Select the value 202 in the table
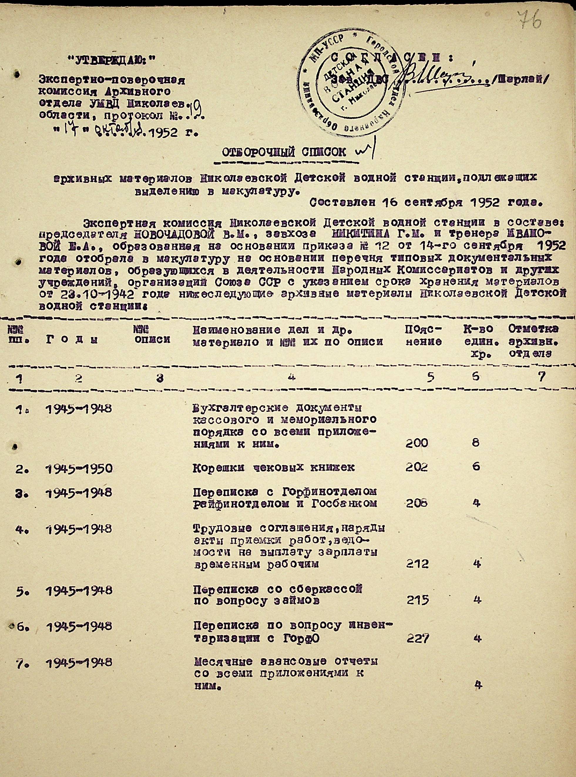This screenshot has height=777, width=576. [417, 468]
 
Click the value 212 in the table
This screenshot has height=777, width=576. [417, 564]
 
